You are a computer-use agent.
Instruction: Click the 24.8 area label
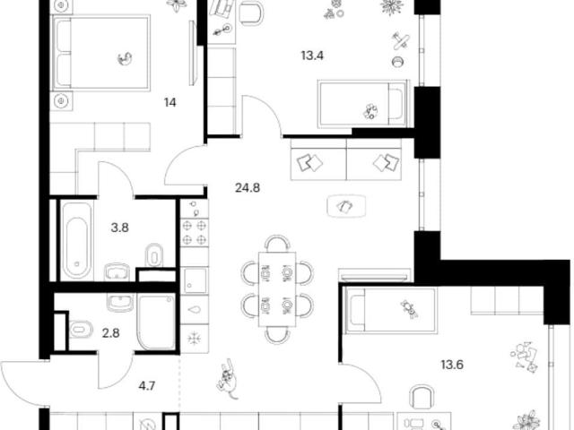(248, 188)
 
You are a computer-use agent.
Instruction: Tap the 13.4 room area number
(312, 56)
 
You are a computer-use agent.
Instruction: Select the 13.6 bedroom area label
(452, 365)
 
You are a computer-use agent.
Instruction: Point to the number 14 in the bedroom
(170, 102)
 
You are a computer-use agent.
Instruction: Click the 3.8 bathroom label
(119, 228)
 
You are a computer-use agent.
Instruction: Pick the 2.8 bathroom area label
(110, 333)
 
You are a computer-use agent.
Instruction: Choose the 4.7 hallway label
(146, 385)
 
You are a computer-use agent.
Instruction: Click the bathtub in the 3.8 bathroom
(76, 240)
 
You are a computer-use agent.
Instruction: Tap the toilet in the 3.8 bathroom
(154, 255)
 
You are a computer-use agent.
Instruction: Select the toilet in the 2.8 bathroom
(81, 330)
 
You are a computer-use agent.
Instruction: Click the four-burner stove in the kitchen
(195, 233)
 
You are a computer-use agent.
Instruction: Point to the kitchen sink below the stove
(195, 280)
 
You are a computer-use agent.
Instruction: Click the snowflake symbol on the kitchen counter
(193, 339)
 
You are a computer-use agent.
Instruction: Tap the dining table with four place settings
(277, 288)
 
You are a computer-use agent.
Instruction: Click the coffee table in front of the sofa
(346, 206)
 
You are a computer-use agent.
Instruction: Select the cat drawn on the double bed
(126, 58)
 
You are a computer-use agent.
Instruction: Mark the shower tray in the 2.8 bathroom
(156, 322)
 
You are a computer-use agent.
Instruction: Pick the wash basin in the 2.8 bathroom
(120, 303)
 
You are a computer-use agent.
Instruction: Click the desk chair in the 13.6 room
(422, 396)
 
